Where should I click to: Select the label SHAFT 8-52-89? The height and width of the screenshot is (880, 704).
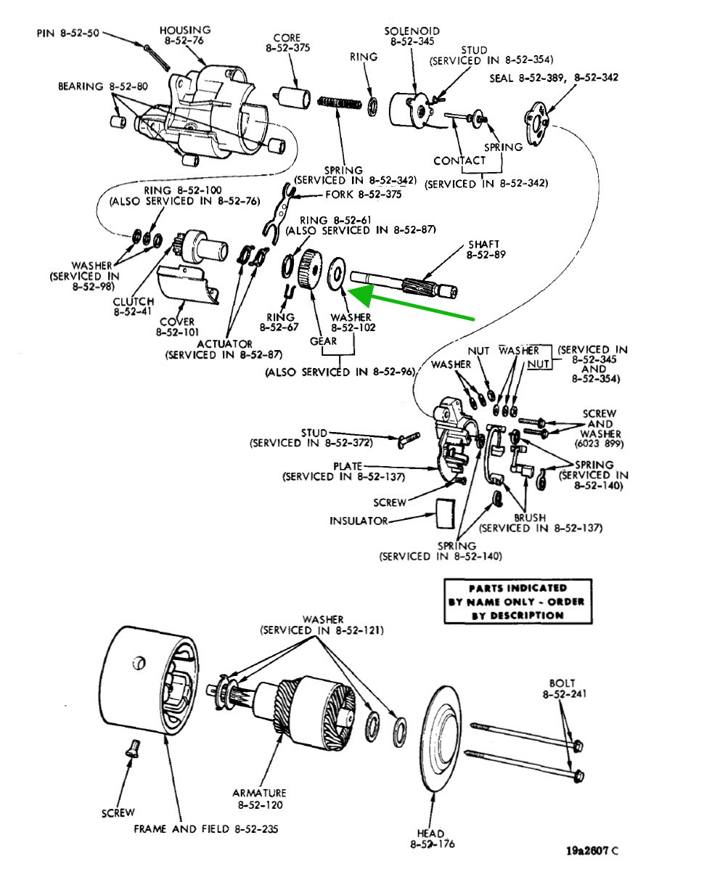[x=484, y=250]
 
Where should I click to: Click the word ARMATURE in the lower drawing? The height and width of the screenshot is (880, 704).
[x=259, y=793]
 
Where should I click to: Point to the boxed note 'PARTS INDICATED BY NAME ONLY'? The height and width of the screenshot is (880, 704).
[x=517, y=601]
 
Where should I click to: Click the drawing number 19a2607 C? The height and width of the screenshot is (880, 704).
[x=592, y=850]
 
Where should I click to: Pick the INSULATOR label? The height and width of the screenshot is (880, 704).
[x=359, y=521]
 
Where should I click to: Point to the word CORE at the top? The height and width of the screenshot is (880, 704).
[x=287, y=38]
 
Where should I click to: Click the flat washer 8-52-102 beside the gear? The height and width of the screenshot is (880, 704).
[x=337, y=274]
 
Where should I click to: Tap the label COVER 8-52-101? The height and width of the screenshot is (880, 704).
[x=177, y=327]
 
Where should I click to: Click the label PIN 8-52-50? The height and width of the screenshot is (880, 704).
[x=67, y=33]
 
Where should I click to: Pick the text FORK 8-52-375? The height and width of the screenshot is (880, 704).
[x=359, y=195]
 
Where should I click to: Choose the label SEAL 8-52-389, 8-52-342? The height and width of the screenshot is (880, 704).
[x=554, y=77]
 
